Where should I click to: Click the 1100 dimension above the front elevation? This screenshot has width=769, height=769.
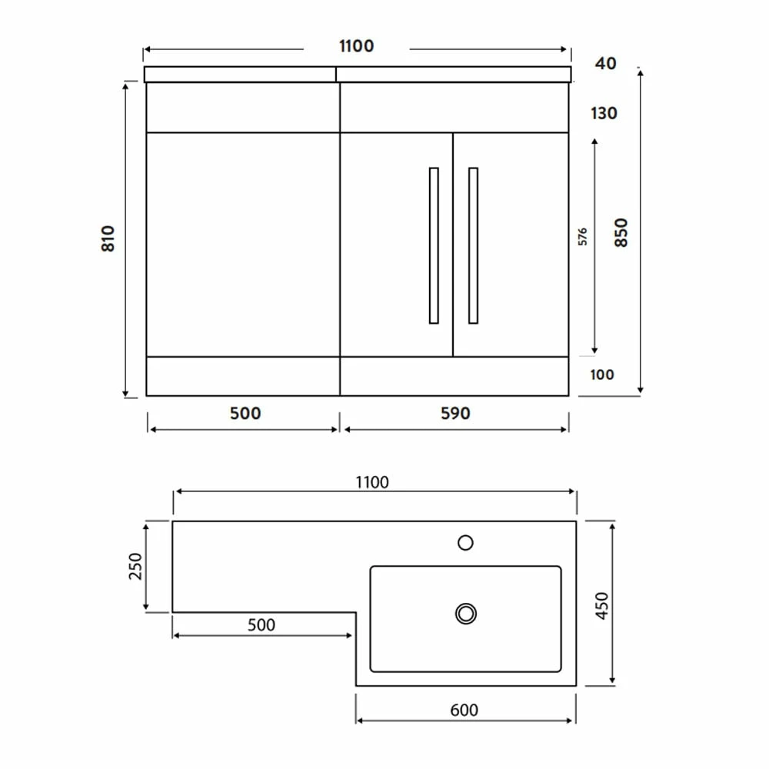[356, 46]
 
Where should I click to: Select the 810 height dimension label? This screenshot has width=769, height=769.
[108, 238]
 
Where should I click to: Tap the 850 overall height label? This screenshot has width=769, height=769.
[621, 232]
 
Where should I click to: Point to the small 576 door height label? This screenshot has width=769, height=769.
[582, 236]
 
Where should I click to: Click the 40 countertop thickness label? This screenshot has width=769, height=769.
[605, 64]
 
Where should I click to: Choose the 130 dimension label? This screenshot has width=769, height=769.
[604, 114]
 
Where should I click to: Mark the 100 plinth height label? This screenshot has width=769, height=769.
[603, 375]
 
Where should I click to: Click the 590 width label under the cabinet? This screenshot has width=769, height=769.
[455, 414]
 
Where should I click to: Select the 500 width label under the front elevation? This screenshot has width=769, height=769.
[245, 414]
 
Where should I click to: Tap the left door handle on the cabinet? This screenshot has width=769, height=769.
[434, 245]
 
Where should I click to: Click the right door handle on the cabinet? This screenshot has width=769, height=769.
[473, 245]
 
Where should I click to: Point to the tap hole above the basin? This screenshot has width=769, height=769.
[465, 543]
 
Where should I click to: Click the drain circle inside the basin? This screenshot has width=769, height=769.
[465, 613]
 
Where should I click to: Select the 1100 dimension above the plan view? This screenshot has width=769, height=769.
[372, 483]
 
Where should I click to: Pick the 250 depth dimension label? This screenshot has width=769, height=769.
[135, 568]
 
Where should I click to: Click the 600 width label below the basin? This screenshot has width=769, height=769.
[464, 710]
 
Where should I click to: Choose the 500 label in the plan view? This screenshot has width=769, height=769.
[261, 624]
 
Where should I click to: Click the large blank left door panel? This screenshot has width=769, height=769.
[242, 244]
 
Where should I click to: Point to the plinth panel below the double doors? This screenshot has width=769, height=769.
[454, 376]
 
